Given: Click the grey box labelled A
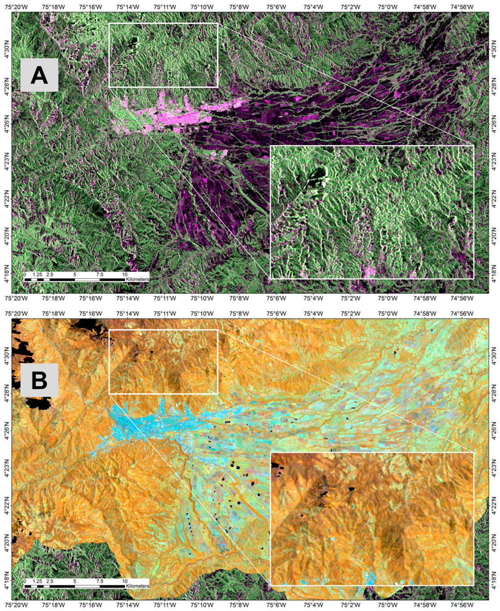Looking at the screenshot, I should [x=39, y=75].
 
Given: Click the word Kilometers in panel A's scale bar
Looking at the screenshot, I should [x=138, y=279].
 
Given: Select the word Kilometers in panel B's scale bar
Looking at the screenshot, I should [x=138, y=586].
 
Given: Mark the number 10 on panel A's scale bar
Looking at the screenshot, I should [x=125, y=275].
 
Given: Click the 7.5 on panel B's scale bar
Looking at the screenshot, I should [x=100, y=581].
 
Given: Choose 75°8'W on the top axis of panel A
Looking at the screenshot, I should [x=239, y=7].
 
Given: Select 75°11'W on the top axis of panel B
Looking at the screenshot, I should [x=164, y=314].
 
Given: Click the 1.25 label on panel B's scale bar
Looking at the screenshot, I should [x=37, y=581].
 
